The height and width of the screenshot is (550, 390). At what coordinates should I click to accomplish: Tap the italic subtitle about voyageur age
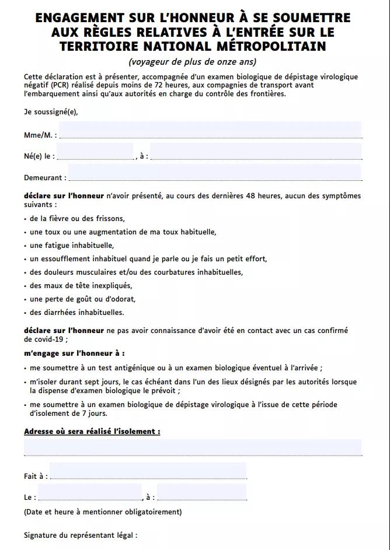[192, 62]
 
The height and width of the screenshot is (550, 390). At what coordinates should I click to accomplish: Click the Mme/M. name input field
[210, 130]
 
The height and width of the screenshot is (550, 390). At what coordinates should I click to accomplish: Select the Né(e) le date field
[95, 152]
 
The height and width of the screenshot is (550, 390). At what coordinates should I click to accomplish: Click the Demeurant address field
[215, 173]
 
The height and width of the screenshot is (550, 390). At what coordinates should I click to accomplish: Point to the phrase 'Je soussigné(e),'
[51, 112]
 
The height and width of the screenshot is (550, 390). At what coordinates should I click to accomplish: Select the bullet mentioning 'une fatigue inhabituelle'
[72, 246]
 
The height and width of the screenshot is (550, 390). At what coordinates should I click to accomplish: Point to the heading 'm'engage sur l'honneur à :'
[74, 353]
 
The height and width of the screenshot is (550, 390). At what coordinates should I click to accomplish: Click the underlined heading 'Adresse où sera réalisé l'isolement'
[92, 432]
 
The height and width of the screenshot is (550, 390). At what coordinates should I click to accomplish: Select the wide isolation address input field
[193, 447]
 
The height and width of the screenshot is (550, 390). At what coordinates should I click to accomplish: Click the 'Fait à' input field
[148, 471]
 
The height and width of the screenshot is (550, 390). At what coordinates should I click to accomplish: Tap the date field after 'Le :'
[89, 492]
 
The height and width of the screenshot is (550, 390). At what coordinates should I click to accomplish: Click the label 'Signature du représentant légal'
[81, 535]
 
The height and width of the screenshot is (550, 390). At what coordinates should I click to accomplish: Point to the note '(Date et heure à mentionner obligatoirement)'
[103, 512]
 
